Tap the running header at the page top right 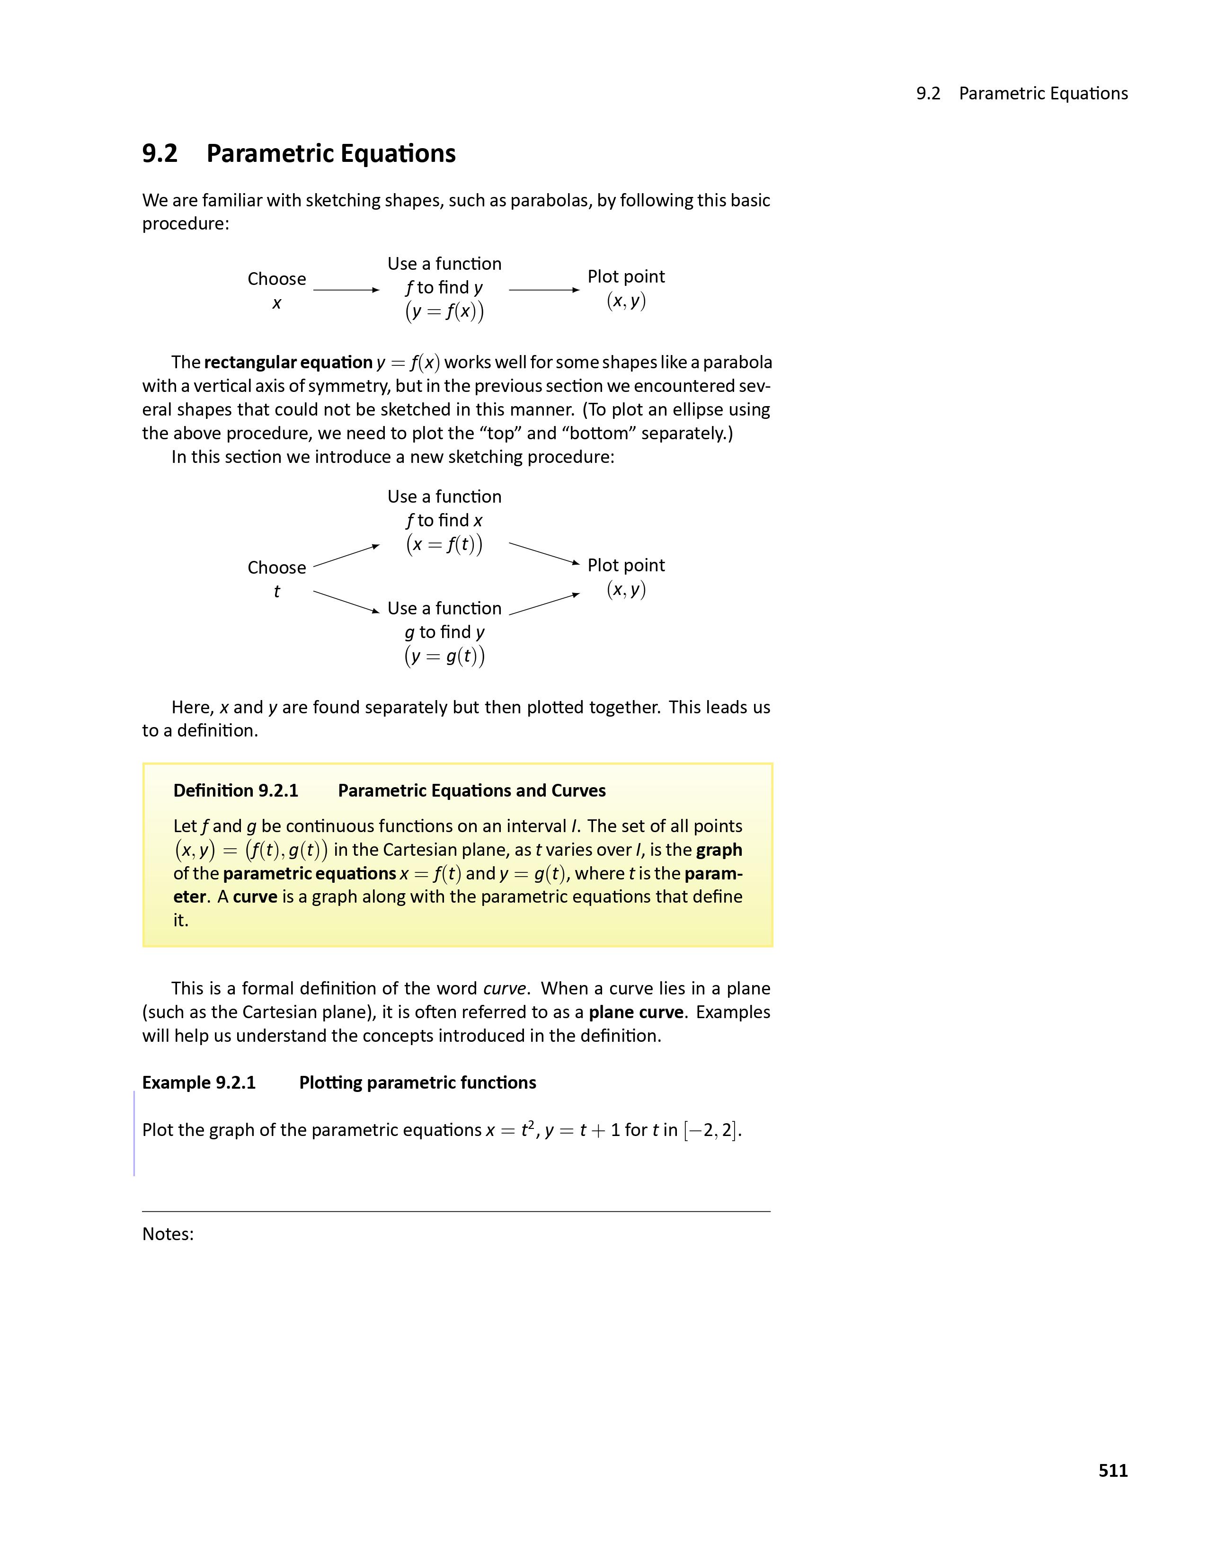click(x=1022, y=94)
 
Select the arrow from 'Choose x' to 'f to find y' click(x=346, y=290)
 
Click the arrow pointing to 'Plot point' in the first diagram click(x=543, y=290)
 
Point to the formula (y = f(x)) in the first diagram click(x=444, y=311)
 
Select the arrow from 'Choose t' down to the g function click(x=346, y=602)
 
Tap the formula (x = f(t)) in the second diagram click(x=444, y=544)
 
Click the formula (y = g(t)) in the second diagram click(x=444, y=656)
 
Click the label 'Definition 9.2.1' click(x=235, y=790)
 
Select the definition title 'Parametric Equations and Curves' click(x=471, y=790)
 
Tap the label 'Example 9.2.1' click(x=199, y=1082)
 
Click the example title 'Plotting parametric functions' click(x=417, y=1082)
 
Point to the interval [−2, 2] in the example click(x=711, y=1130)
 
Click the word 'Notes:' click(x=168, y=1234)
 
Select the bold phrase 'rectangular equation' click(x=288, y=363)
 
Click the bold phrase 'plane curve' click(x=636, y=1012)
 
